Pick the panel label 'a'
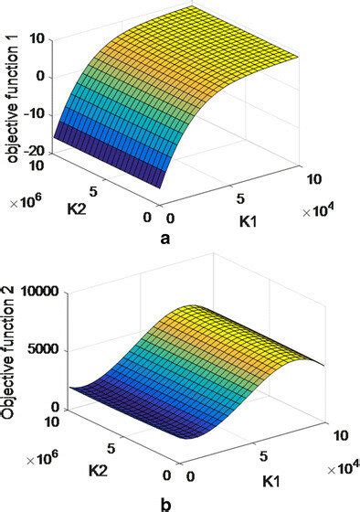[164, 240]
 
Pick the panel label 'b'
[164, 502]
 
